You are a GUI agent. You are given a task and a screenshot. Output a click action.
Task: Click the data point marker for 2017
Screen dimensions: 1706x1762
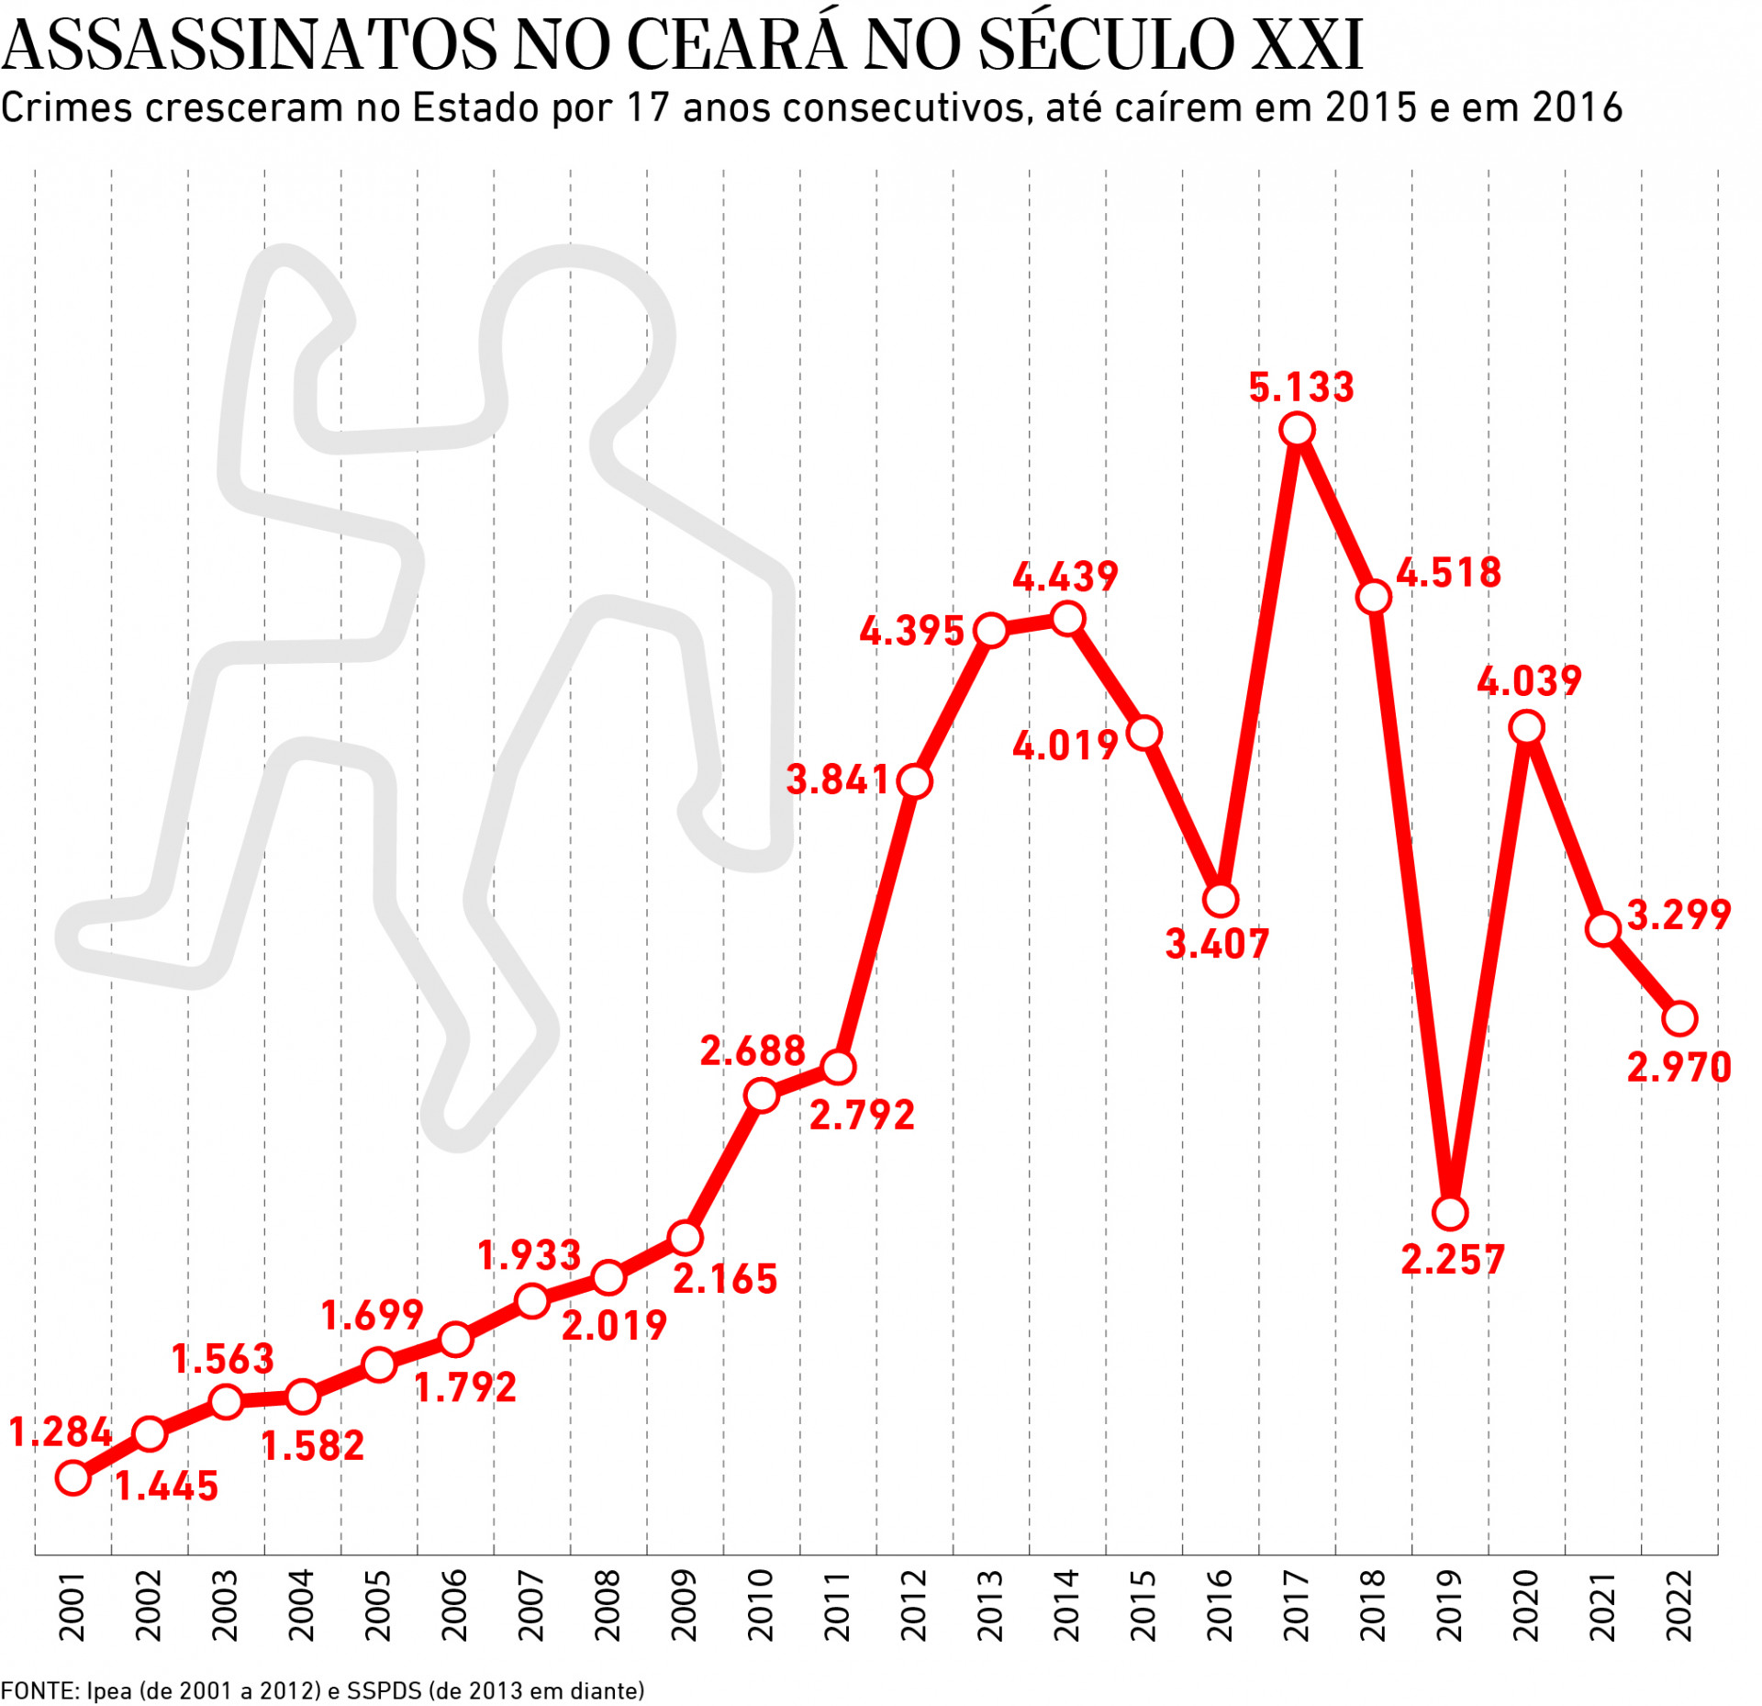(x=1297, y=429)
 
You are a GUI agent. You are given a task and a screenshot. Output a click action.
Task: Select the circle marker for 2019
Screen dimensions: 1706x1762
(x=1450, y=1213)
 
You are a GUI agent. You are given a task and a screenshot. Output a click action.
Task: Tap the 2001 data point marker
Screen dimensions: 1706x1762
(x=73, y=1478)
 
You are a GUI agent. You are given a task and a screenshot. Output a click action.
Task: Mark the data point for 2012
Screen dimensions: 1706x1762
(x=915, y=781)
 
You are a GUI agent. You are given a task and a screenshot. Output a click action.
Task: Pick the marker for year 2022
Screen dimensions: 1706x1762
(x=1679, y=1018)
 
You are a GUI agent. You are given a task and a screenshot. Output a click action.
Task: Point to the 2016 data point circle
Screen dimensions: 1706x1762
(x=1221, y=900)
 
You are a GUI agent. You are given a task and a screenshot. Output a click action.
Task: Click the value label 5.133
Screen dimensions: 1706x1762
(x=1301, y=387)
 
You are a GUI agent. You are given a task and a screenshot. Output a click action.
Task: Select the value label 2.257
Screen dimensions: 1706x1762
(x=1453, y=1260)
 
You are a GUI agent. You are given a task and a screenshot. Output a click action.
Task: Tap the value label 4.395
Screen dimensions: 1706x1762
(x=911, y=631)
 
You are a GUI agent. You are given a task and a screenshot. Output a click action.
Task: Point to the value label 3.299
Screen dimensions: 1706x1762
(x=1678, y=915)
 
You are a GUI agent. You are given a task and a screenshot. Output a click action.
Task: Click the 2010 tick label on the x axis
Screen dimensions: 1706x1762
(x=761, y=1606)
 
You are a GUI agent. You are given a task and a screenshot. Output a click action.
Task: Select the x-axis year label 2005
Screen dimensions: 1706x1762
(x=378, y=1606)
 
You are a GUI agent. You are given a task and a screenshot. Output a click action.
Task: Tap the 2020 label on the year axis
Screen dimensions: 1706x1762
(x=1525, y=1606)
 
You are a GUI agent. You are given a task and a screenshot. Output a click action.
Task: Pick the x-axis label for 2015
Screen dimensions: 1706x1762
(x=1143, y=1606)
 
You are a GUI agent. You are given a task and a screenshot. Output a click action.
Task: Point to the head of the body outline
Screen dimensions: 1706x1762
(x=576, y=335)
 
